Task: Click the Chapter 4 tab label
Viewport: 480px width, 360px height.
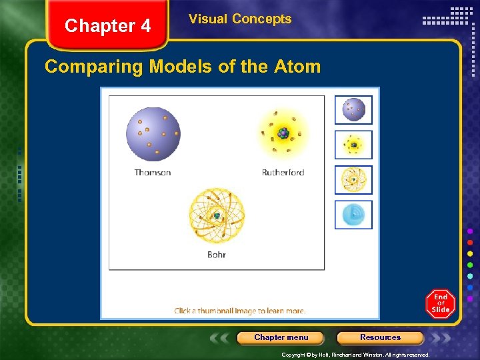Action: coord(108,26)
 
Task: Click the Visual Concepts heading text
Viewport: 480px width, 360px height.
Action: coord(240,19)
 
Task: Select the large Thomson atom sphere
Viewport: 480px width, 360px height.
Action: coord(153,133)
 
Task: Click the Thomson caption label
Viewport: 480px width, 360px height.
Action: coord(153,173)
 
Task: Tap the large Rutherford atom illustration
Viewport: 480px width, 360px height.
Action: coord(283,133)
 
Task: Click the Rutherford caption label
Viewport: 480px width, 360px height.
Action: coord(283,173)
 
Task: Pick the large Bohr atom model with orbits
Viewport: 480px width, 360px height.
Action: coord(217,215)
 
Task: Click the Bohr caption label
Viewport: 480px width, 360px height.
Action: coord(217,255)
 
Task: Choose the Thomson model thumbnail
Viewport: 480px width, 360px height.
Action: coord(353,110)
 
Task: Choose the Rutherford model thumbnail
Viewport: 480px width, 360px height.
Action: coord(353,145)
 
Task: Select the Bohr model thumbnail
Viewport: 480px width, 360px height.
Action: coord(353,179)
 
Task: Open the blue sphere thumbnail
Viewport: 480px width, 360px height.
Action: coord(353,214)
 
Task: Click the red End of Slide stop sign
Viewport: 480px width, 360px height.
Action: coord(441,304)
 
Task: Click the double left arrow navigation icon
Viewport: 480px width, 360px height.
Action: coord(221,337)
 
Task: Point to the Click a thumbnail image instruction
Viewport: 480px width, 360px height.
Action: coord(240,311)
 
